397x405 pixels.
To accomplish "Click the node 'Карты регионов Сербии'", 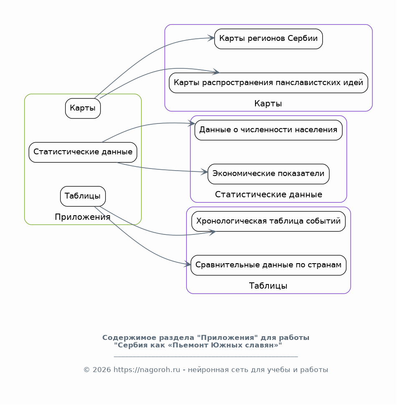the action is click(x=268, y=39).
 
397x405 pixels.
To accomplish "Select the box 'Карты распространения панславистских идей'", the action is click(x=268, y=83).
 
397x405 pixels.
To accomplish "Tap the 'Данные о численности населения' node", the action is click(x=268, y=130).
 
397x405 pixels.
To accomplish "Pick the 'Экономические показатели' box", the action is click(x=268, y=174).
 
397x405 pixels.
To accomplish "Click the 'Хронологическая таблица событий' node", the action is click(x=268, y=221).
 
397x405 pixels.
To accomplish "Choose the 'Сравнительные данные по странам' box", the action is click(x=268, y=265).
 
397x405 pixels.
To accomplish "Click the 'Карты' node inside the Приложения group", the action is click(x=83, y=108).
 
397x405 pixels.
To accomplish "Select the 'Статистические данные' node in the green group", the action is click(x=83, y=152).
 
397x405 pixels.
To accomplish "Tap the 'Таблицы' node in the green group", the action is click(x=83, y=196).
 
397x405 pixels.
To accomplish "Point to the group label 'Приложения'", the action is click(x=83, y=217).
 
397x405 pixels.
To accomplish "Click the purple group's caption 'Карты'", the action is click(x=268, y=103).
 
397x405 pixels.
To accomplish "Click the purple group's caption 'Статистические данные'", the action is click(x=268, y=194).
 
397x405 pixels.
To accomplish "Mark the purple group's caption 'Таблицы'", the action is click(x=268, y=286).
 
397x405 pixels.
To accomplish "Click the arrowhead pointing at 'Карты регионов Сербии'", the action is click(x=211, y=38).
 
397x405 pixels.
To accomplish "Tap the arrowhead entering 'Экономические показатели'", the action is click(x=205, y=172).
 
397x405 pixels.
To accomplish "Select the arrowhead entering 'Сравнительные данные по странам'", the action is click(x=187, y=264).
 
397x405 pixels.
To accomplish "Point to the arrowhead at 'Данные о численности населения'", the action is click(x=192, y=123).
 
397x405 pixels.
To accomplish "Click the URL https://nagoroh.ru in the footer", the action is click(x=147, y=370).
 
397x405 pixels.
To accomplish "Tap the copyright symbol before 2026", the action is click(x=86, y=370).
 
